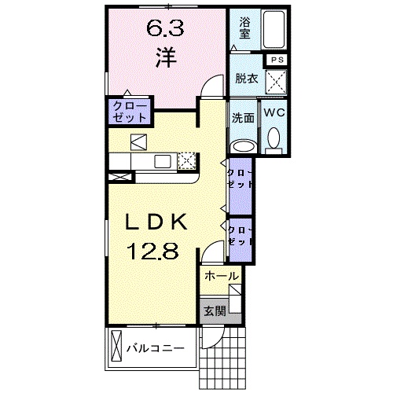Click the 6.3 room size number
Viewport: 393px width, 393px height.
(x=165, y=28)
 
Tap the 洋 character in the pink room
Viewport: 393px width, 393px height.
(x=166, y=57)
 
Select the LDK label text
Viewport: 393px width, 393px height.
(x=156, y=222)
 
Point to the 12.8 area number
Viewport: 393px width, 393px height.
(x=152, y=251)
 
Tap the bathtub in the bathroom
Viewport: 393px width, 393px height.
(x=274, y=29)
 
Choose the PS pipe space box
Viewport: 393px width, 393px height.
(x=277, y=60)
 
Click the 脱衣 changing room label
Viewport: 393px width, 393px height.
(x=247, y=79)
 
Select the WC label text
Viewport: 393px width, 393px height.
(x=274, y=112)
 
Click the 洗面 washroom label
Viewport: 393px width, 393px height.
(x=244, y=118)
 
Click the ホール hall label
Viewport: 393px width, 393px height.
(x=222, y=276)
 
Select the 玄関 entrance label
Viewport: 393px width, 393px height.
(x=215, y=311)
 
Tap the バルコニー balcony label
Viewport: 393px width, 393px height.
(x=156, y=348)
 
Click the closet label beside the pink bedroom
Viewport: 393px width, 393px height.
(x=130, y=112)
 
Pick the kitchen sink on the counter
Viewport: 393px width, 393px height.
(x=163, y=161)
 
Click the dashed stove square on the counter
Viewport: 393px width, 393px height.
(x=187, y=160)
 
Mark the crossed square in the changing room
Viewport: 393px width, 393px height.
(x=276, y=82)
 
